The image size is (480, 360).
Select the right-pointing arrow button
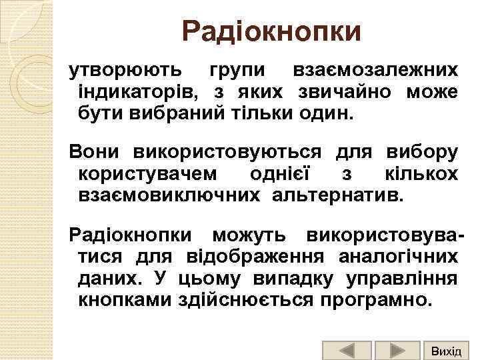point(397,351)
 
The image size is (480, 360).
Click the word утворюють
point(122,70)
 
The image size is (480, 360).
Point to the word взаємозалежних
point(375,70)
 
